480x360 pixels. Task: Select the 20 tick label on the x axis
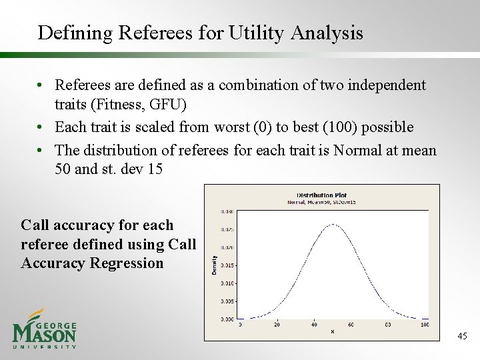(x=277, y=325)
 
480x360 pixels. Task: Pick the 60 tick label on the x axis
(x=351, y=325)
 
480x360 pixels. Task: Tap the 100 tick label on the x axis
(x=425, y=325)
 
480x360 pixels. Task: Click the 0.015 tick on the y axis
(x=227, y=265)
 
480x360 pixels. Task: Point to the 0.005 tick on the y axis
(x=227, y=301)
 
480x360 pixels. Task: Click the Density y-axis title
(x=215, y=265)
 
